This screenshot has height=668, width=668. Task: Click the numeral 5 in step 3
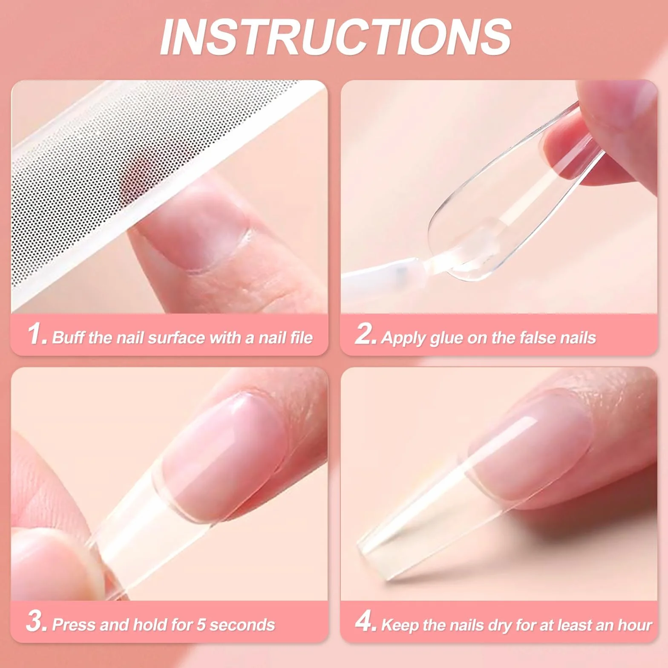[x=200, y=625]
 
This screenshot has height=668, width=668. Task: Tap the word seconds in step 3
[x=242, y=625]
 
